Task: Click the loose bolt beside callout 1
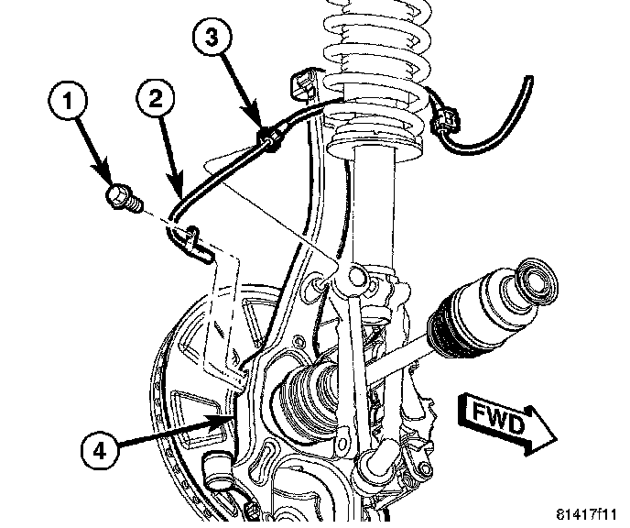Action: click(121, 198)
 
